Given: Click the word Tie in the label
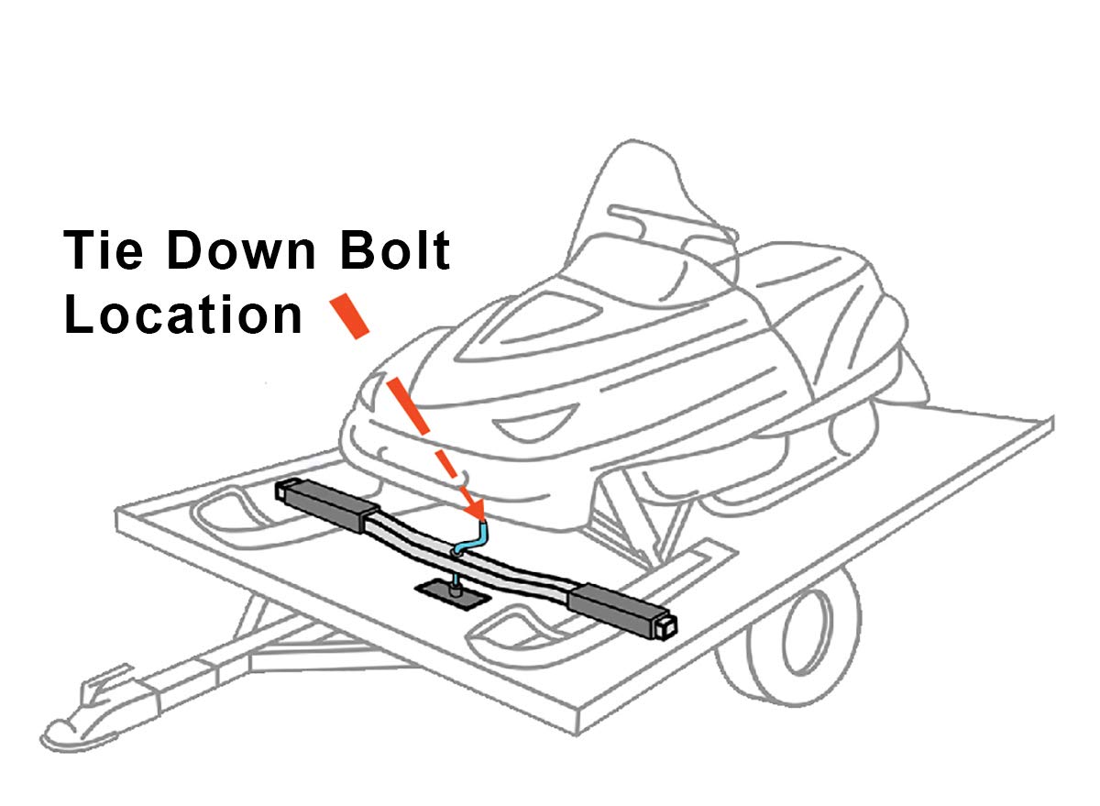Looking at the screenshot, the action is [x=102, y=251].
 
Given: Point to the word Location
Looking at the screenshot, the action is [x=183, y=315].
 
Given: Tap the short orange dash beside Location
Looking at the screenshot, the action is [x=349, y=314].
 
